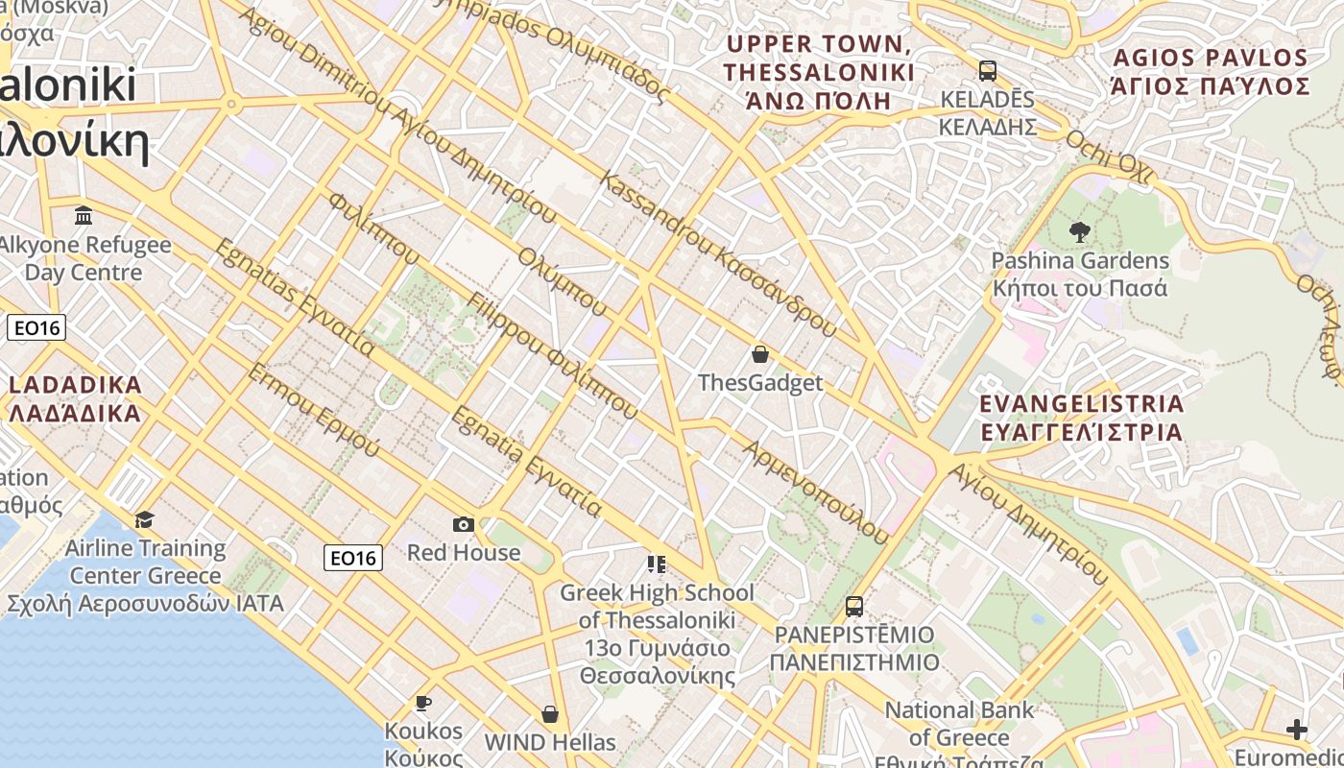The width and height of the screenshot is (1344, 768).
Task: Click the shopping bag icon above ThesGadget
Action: [760, 354]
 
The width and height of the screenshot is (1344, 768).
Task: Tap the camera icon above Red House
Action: [464, 524]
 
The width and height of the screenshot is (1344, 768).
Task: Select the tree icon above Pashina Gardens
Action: [1080, 231]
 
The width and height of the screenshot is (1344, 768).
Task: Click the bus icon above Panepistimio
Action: [853, 607]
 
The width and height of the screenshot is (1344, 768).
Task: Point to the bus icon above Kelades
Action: [987, 71]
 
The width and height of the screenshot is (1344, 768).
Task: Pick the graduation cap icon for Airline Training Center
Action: [144, 519]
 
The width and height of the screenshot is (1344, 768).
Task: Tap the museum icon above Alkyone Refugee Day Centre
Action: [84, 215]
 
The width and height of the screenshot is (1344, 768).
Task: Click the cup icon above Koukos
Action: [422, 704]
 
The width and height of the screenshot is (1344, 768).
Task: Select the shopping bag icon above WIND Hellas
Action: [549, 714]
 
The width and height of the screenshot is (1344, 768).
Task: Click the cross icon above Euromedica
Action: [1297, 730]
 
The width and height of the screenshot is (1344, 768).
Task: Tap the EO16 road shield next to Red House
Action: [353, 557]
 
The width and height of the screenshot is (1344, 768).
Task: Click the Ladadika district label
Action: [75, 399]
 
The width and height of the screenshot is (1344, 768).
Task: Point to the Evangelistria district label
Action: [1082, 417]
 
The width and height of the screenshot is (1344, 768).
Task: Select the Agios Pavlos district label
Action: [1210, 72]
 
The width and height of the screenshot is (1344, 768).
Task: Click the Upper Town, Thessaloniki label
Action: [818, 72]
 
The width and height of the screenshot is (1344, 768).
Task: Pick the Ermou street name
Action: [313, 410]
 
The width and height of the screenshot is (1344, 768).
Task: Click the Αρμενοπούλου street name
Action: [815, 492]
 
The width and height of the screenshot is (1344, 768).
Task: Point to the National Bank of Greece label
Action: [958, 725]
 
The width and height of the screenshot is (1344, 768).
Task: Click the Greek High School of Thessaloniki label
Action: [658, 620]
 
